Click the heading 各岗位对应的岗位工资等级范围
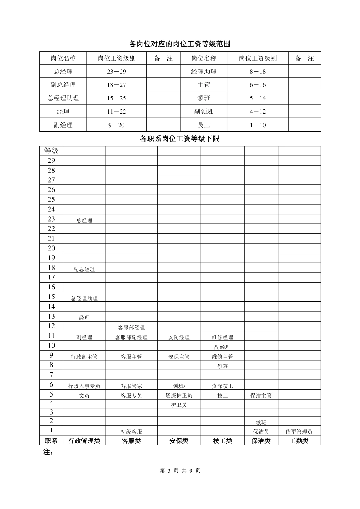pyautogui.click(x=180, y=44)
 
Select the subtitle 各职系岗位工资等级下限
pyautogui.click(x=180, y=139)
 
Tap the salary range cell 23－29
pyautogui.click(x=116, y=72)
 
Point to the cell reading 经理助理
pyautogui.click(x=203, y=72)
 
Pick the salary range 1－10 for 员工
pyautogui.click(x=258, y=125)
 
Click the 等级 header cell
pyautogui.click(x=51, y=151)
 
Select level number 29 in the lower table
pyautogui.click(x=51, y=161)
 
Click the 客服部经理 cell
pyautogui.click(x=131, y=328)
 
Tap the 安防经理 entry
pyautogui.click(x=179, y=337)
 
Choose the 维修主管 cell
pyautogui.click(x=222, y=357)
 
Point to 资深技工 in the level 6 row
pyautogui.click(x=222, y=386)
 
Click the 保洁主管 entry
pyautogui.click(x=261, y=396)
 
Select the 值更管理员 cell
pyautogui.click(x=299, y=432)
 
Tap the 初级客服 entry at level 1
pyautogui.click(x=131, y=432)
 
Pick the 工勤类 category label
pyautogui.click(x=299, y=441)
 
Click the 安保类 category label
pyautogui.click(x=179, y=441)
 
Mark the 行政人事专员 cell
pyautogui.click(x=84, y=386)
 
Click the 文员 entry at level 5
pyautogui.click(x=84, y=396)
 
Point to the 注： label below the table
pyautogui.click(x=48, y=452)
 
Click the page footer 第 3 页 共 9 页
pyautogui.click(x=180, y=471)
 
